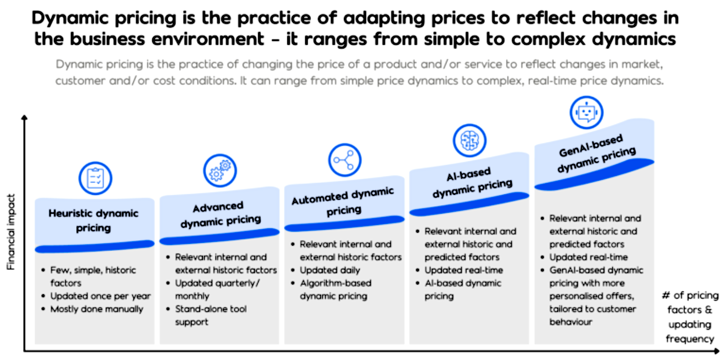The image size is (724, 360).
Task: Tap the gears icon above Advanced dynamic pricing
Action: [220, 171]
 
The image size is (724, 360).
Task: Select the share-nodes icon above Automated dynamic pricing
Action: [344, 160]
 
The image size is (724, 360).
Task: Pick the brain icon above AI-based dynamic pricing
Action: [469, 140]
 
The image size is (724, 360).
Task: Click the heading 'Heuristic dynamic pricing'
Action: [93, 220]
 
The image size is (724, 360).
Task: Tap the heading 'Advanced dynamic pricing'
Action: [220, 214]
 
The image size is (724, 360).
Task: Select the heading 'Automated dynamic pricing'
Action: [343, 202]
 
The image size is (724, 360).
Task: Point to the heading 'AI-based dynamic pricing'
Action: [469, 182]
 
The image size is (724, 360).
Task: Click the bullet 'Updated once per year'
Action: [100, 296]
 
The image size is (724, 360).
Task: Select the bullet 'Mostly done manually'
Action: [97, 309]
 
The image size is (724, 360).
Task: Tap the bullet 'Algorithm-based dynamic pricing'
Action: [335, 289]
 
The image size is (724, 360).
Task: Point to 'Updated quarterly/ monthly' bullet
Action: [218, 289]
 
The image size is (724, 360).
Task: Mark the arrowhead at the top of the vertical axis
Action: [23, 117]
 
